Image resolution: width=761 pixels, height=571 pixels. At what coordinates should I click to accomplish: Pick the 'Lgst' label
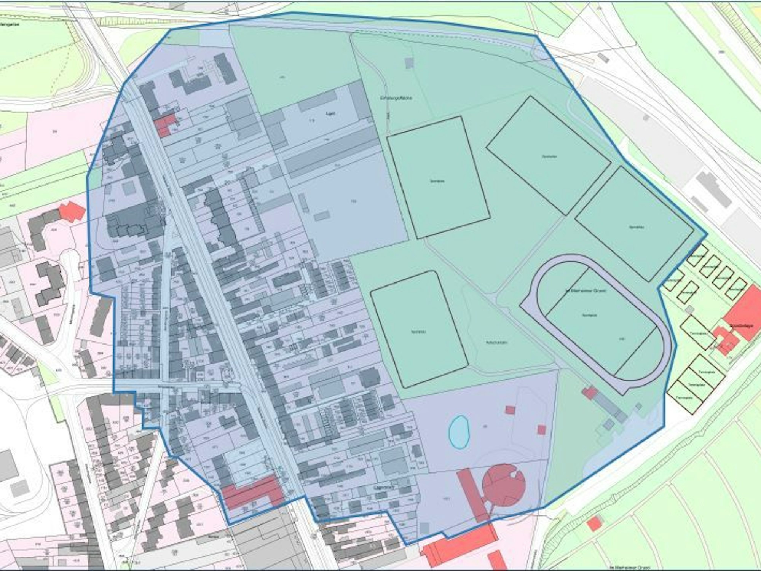pyautogui.click(x=330, y=113)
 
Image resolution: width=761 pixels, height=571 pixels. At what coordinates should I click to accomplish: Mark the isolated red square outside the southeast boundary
pyautogui.click(x=594, y=524)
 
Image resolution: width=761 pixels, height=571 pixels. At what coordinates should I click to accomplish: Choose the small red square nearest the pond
pyautogui.click(x=509, y=410)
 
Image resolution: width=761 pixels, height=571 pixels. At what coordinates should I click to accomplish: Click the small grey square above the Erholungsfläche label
pyautogui.click(x=409, y=63)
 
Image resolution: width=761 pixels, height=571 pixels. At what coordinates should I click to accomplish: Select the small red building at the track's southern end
pyautogui.click(x=589, y=392)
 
